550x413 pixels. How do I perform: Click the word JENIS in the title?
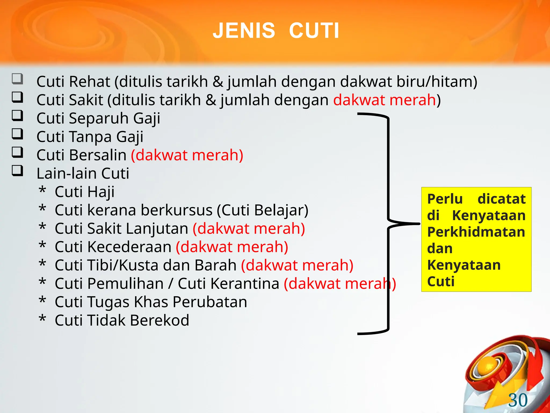(244, 31)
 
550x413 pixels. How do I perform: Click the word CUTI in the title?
(314, 31)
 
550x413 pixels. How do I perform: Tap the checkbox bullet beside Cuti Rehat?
(17, 79)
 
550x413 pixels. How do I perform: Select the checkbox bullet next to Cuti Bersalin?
(17, 152)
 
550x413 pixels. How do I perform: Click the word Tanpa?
(91, 137)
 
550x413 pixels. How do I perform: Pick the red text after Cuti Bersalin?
(187, 155)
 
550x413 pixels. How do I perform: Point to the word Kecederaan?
(129, 247)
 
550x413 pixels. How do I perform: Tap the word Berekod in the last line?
(160, 320)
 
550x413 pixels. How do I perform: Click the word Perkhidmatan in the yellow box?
(476, 232)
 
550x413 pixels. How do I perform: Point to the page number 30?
(518, 400)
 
